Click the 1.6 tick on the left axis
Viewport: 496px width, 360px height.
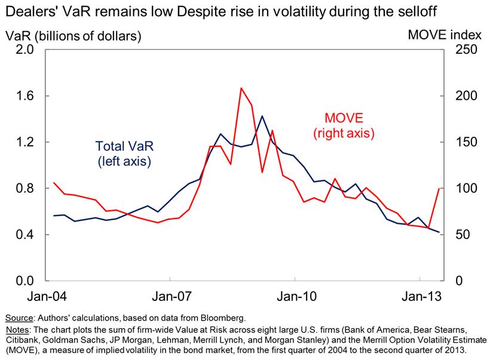(23, 96)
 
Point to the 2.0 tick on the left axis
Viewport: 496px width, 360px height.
(23, 50)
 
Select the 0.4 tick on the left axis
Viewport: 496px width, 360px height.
(23, 235)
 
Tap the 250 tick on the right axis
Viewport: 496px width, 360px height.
(466, 50)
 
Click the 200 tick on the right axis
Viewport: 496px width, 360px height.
(466, 96)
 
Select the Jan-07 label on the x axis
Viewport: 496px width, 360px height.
(170, 297)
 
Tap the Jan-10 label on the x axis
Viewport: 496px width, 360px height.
(295, 297)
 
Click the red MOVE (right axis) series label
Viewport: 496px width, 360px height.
(344, 126)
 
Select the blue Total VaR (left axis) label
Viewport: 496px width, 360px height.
(123, 153)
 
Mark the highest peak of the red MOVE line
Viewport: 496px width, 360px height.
(241, 88)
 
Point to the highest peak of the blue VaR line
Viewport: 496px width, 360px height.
(262, 116)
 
